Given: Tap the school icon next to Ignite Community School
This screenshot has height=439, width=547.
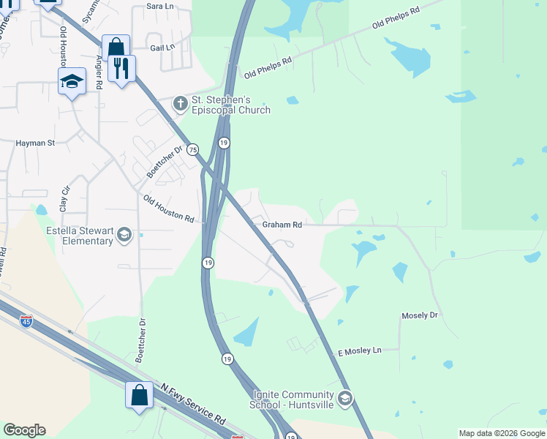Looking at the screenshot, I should (346, 399).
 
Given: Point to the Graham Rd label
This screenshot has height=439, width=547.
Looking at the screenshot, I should (282, 225).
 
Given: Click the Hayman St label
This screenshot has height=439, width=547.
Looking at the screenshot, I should (36, 143).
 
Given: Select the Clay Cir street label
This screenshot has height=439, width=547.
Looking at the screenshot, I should (64, 199).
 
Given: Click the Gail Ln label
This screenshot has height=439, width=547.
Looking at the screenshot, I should (162, 48).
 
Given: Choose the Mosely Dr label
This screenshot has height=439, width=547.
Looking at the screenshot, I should (419, 315).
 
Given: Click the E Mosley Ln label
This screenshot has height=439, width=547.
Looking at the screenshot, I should (360, 351).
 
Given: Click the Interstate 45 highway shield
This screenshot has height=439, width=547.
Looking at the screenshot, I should (26, 320).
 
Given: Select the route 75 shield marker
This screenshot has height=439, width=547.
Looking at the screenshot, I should (192, 149).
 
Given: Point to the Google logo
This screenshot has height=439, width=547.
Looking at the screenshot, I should (24, 430).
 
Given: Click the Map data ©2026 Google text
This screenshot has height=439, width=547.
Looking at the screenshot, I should (502, 433).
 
